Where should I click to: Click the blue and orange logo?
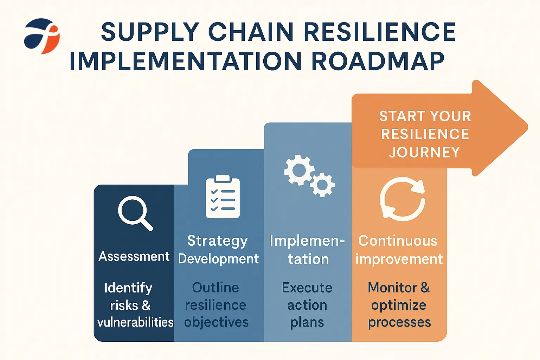[x=42, y=36]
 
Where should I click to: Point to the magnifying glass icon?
[x=135, y=213]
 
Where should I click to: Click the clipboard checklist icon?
[x=223, y=197]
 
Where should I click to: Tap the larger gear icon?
[x=299, y=170]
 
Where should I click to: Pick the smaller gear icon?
[x=322, y=185]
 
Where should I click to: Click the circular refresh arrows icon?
[x=402, y=199]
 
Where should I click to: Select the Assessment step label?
[x=134, y=256]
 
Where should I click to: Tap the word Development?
[x=218, y=259]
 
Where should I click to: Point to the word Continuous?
[x=398, y=240]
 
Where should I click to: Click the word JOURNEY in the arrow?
[x=425, y=152]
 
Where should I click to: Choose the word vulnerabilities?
[x=135, y=322]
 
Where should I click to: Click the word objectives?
[x=216, y=323]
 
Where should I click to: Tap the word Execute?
[x=307, y=288]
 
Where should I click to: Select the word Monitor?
[x=392, y=288]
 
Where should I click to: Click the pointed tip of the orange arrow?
[x=527, y=127]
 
